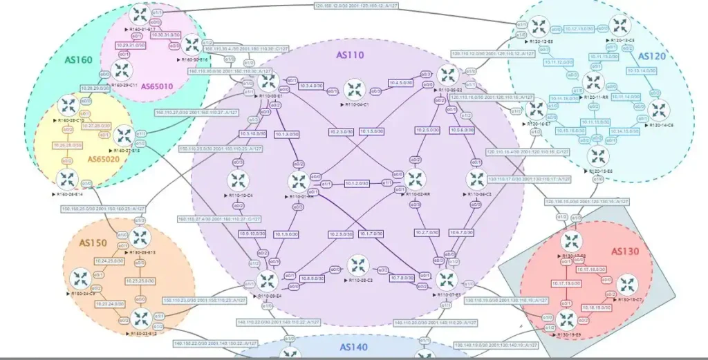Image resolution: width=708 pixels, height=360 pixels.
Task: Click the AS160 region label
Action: pyautogui.click(x=78, y=60)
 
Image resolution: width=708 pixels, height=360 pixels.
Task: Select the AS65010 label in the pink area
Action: pyautogui.click(x=158, y=86)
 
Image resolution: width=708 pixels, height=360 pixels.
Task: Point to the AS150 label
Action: pyautogui.click(x=93, y=243)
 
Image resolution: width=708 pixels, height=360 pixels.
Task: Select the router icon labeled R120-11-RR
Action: pyautogui.click(x=593, y=82)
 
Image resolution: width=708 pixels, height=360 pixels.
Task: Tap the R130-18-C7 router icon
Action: pyautogui.click(x=626, y=285)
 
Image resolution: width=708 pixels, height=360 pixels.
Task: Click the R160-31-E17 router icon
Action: pyautogui.click(x=140, y=14)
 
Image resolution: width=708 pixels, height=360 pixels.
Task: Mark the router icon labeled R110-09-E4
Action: pyautogui.click(x=267, y=281)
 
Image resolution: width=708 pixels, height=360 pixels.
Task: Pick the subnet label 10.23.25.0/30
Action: pyautogui.click(x=141, y=281)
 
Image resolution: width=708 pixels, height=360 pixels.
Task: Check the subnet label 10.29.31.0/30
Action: pyautogui.click(x=131, y=44)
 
